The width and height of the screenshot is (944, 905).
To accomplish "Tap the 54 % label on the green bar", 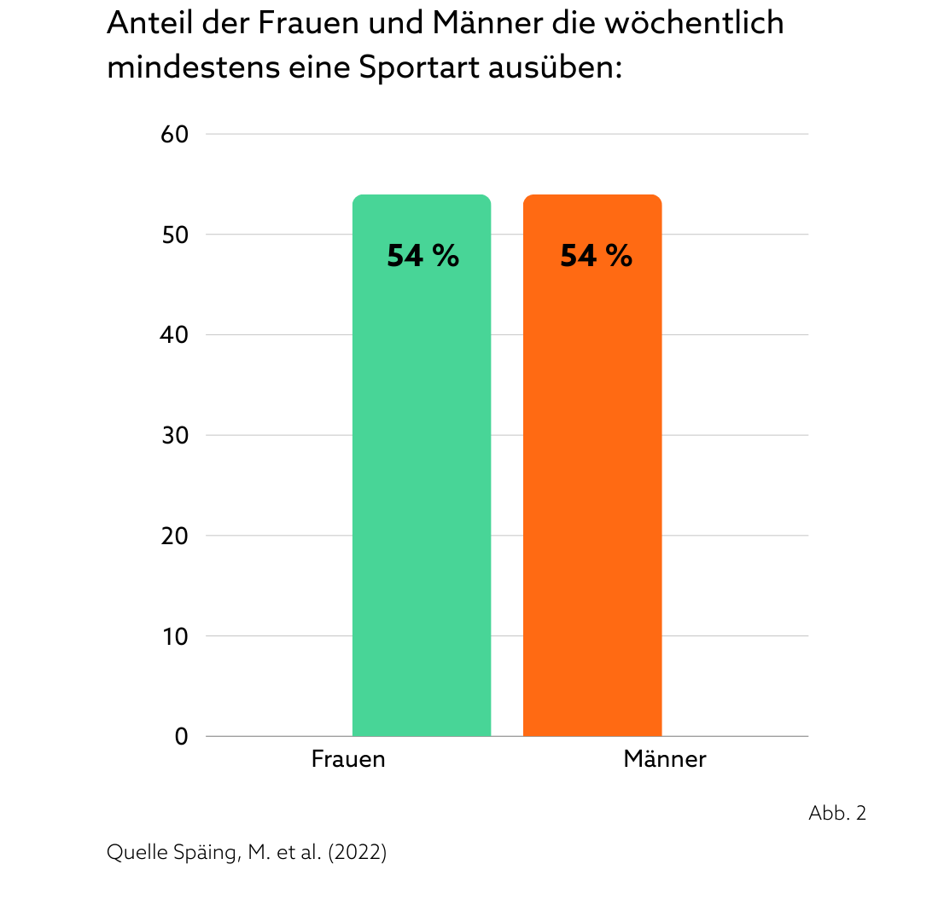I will click(422, 256).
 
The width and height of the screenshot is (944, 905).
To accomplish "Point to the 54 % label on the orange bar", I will click(596, 256).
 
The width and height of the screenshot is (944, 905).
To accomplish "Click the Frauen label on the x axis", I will click(348, 759).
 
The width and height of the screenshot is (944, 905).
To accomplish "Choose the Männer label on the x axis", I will click(665, 759).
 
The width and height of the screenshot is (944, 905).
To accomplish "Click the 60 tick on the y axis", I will click(174, 135).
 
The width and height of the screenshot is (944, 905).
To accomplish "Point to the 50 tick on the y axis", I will click(174, 235).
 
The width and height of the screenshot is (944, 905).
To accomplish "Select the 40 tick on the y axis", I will click(174, 335).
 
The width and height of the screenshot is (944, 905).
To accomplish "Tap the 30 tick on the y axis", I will click(174, 436).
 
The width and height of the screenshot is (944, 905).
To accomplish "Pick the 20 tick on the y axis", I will click(174, 536).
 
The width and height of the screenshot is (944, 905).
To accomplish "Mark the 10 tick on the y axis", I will click(174, 636).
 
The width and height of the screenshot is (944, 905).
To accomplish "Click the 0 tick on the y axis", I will click(181, 737).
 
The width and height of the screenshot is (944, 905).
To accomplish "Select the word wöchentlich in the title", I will click(694, 24).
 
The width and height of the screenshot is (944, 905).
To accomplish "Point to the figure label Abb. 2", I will click(837, 814).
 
